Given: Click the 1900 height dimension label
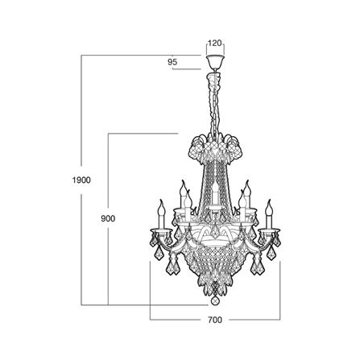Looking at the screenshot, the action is pyautogui.click(x=81, y=180).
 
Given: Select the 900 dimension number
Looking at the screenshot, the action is pyautogui.click(x=108, y=218).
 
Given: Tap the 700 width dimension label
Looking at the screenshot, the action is pyautogui.click(x=215, y=320).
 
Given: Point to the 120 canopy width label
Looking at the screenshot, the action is pyautogui.click(x=215, y=43).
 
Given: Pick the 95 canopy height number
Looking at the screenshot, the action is pyautogui.click(x=172, y=62).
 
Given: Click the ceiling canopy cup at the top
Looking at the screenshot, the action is pyautogui.click(x=215, y=62).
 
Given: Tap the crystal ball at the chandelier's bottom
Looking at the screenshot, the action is pyautogui.click(x=215, y=301).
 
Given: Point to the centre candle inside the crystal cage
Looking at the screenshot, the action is pyautogui.click(x=215, y=194).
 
